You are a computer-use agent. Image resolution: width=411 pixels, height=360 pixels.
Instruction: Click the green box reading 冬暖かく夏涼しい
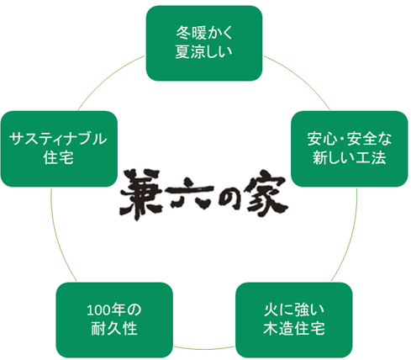(204, 44)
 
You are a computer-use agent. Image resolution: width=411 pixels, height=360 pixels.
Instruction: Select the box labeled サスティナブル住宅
(59, 149)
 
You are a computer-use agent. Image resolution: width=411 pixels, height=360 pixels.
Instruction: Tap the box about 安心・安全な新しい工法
(350, 149)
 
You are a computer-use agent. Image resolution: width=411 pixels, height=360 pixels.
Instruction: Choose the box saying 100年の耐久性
(114, 320)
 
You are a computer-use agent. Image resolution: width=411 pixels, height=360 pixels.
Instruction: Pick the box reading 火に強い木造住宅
(294, 320)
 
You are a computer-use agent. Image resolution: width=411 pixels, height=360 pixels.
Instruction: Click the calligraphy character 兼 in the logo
(141, 194)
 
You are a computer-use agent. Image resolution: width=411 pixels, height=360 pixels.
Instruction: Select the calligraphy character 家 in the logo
(266, 193)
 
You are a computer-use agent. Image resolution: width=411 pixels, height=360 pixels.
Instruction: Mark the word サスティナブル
(58, 139)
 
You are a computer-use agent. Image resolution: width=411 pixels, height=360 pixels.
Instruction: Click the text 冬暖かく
(204, 33)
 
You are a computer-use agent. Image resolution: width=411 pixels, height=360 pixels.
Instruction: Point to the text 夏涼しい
(204, 52)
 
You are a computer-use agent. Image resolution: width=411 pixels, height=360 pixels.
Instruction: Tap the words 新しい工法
(350, 157)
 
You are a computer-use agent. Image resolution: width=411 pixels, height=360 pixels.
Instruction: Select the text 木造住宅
(294, 329)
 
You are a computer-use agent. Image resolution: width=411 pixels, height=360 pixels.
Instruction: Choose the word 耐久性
(114, 329)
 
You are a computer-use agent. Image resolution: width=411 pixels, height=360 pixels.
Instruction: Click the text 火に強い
(294, 310)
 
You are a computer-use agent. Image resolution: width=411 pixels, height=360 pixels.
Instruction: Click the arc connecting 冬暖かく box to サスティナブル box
(108, 77)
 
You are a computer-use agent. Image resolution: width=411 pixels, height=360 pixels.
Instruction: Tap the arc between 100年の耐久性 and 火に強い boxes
(204, 349)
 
